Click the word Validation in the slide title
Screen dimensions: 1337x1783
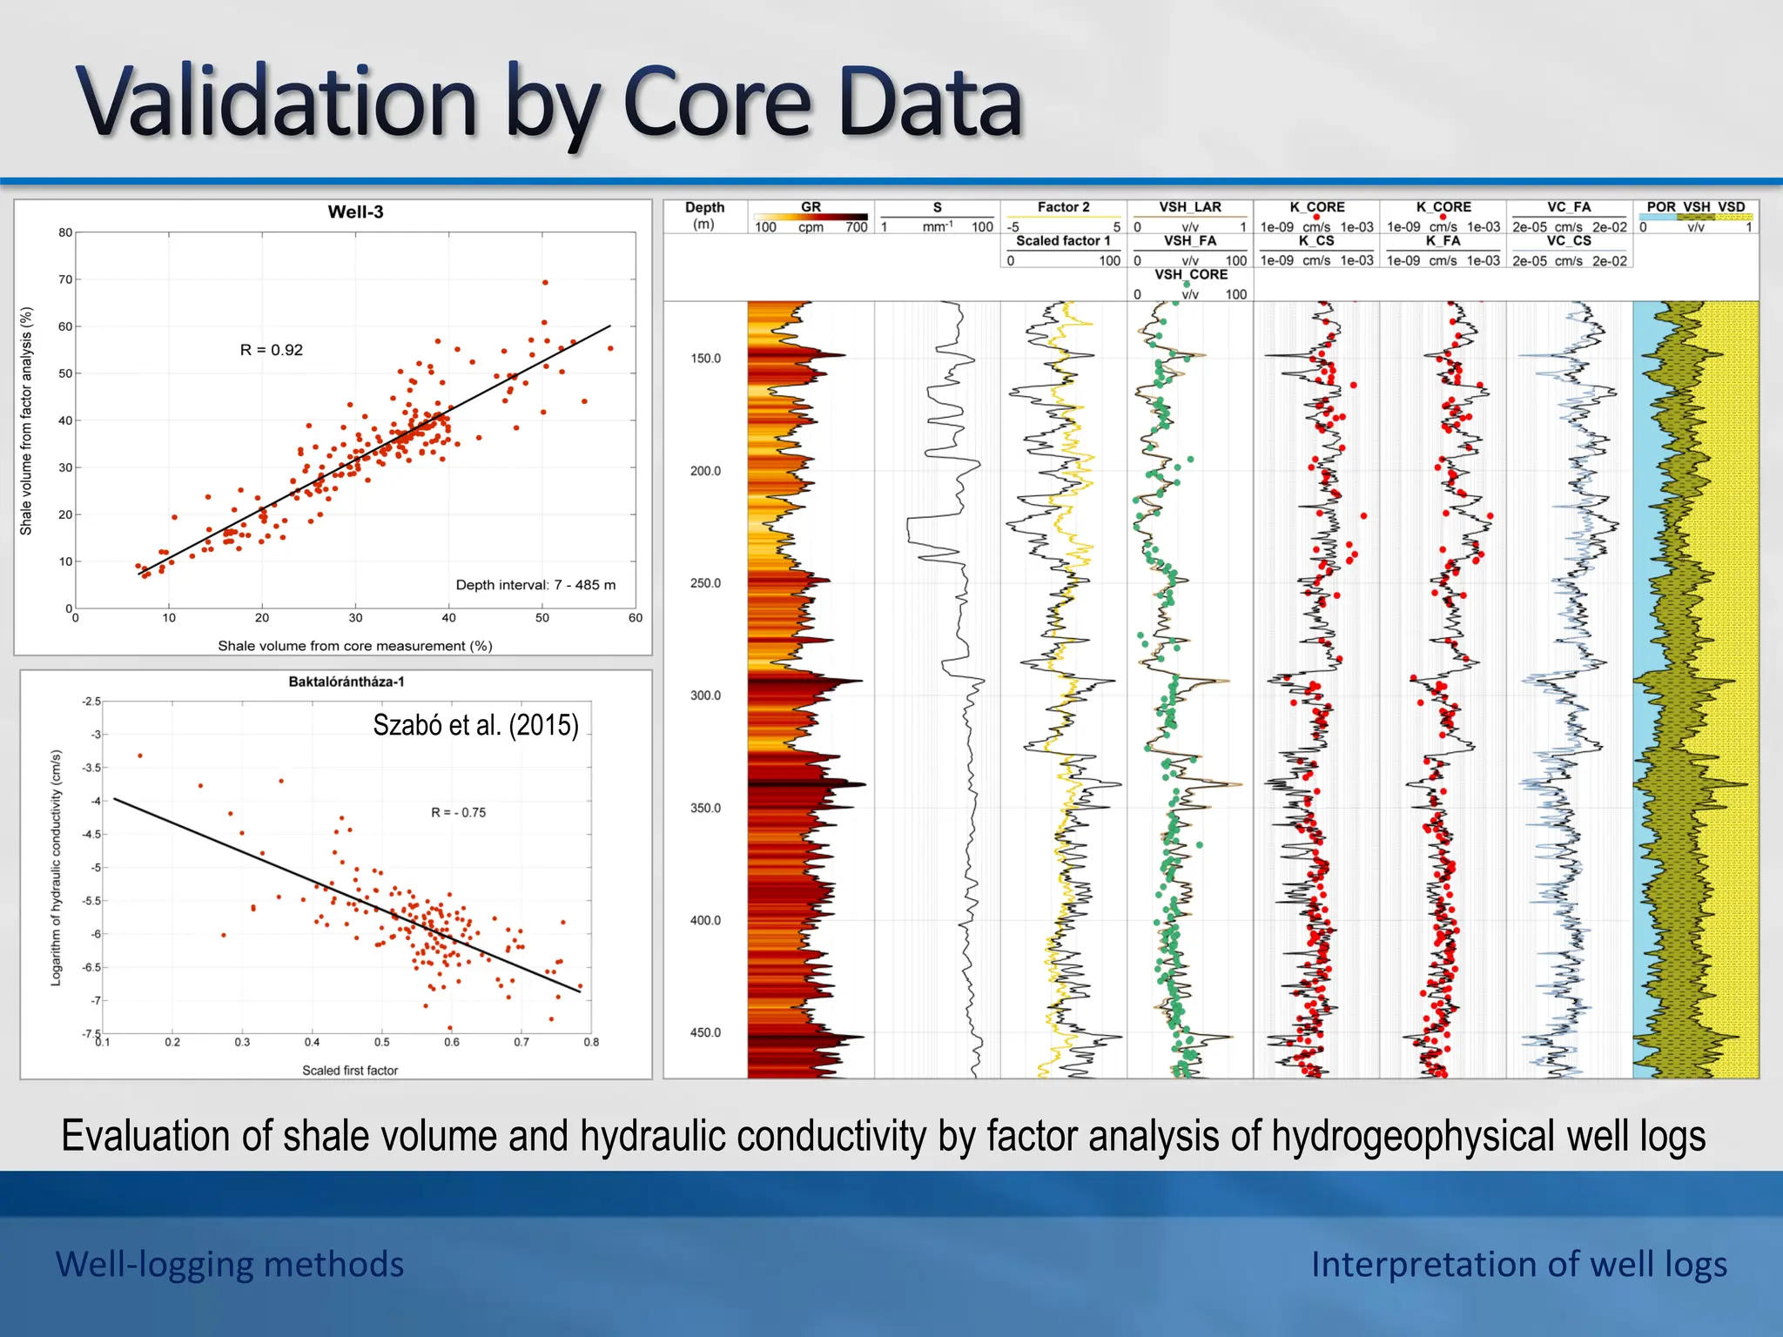point(277,103)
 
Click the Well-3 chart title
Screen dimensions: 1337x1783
point(355,212)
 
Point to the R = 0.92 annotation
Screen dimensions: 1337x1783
point(272,350)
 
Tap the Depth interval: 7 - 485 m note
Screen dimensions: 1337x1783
point(535,585)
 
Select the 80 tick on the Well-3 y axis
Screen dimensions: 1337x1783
point(65,232)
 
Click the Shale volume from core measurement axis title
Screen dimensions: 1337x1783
point(355,646)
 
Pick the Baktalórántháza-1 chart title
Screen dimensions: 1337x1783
point(347,682)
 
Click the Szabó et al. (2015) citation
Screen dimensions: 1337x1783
point(475,725)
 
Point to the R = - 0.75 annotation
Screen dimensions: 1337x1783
point(458,813)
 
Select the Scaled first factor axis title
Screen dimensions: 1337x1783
point(350,1071)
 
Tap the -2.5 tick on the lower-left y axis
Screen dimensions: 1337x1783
point(91,702)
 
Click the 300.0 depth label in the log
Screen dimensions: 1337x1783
point(705,695)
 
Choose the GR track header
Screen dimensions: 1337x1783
point(811,207)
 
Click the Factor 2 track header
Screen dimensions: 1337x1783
point(1063,207)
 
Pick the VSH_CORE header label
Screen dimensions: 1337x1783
point(1191,274)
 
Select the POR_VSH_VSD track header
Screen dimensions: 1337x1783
point(1696,207)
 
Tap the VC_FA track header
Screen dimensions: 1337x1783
point(1569,207)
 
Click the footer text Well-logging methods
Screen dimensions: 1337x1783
point(230,1264)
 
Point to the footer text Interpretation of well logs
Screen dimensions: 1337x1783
point(1519,1264)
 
